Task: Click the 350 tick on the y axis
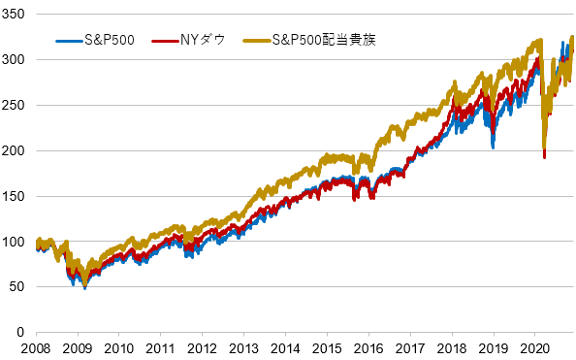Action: [x=16, y=15]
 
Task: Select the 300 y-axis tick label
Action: [x=16, y=60]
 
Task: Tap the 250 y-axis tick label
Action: [x=16, y=105]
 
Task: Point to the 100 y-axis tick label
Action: [x=16, y=241]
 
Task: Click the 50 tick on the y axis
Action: [x=18, y=286]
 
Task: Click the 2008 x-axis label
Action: [x=36, y=348]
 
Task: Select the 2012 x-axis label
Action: [x=201, y=348]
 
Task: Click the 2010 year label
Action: [x=118, y=348]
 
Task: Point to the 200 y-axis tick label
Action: [x=16, y=150]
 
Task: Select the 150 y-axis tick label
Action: [x=16, y=196]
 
